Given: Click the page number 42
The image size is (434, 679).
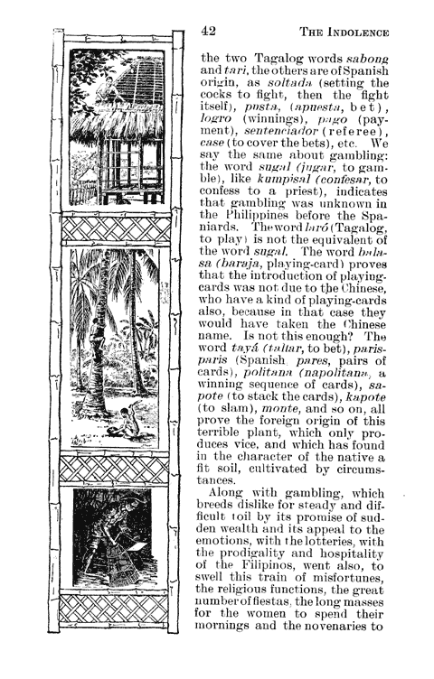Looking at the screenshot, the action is [x=209, y=33].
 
